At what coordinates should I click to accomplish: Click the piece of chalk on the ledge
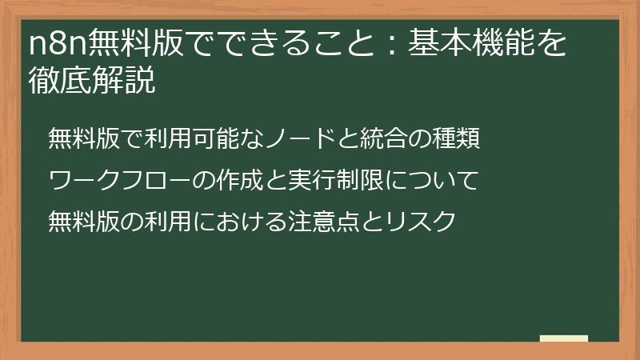(564, 338)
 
